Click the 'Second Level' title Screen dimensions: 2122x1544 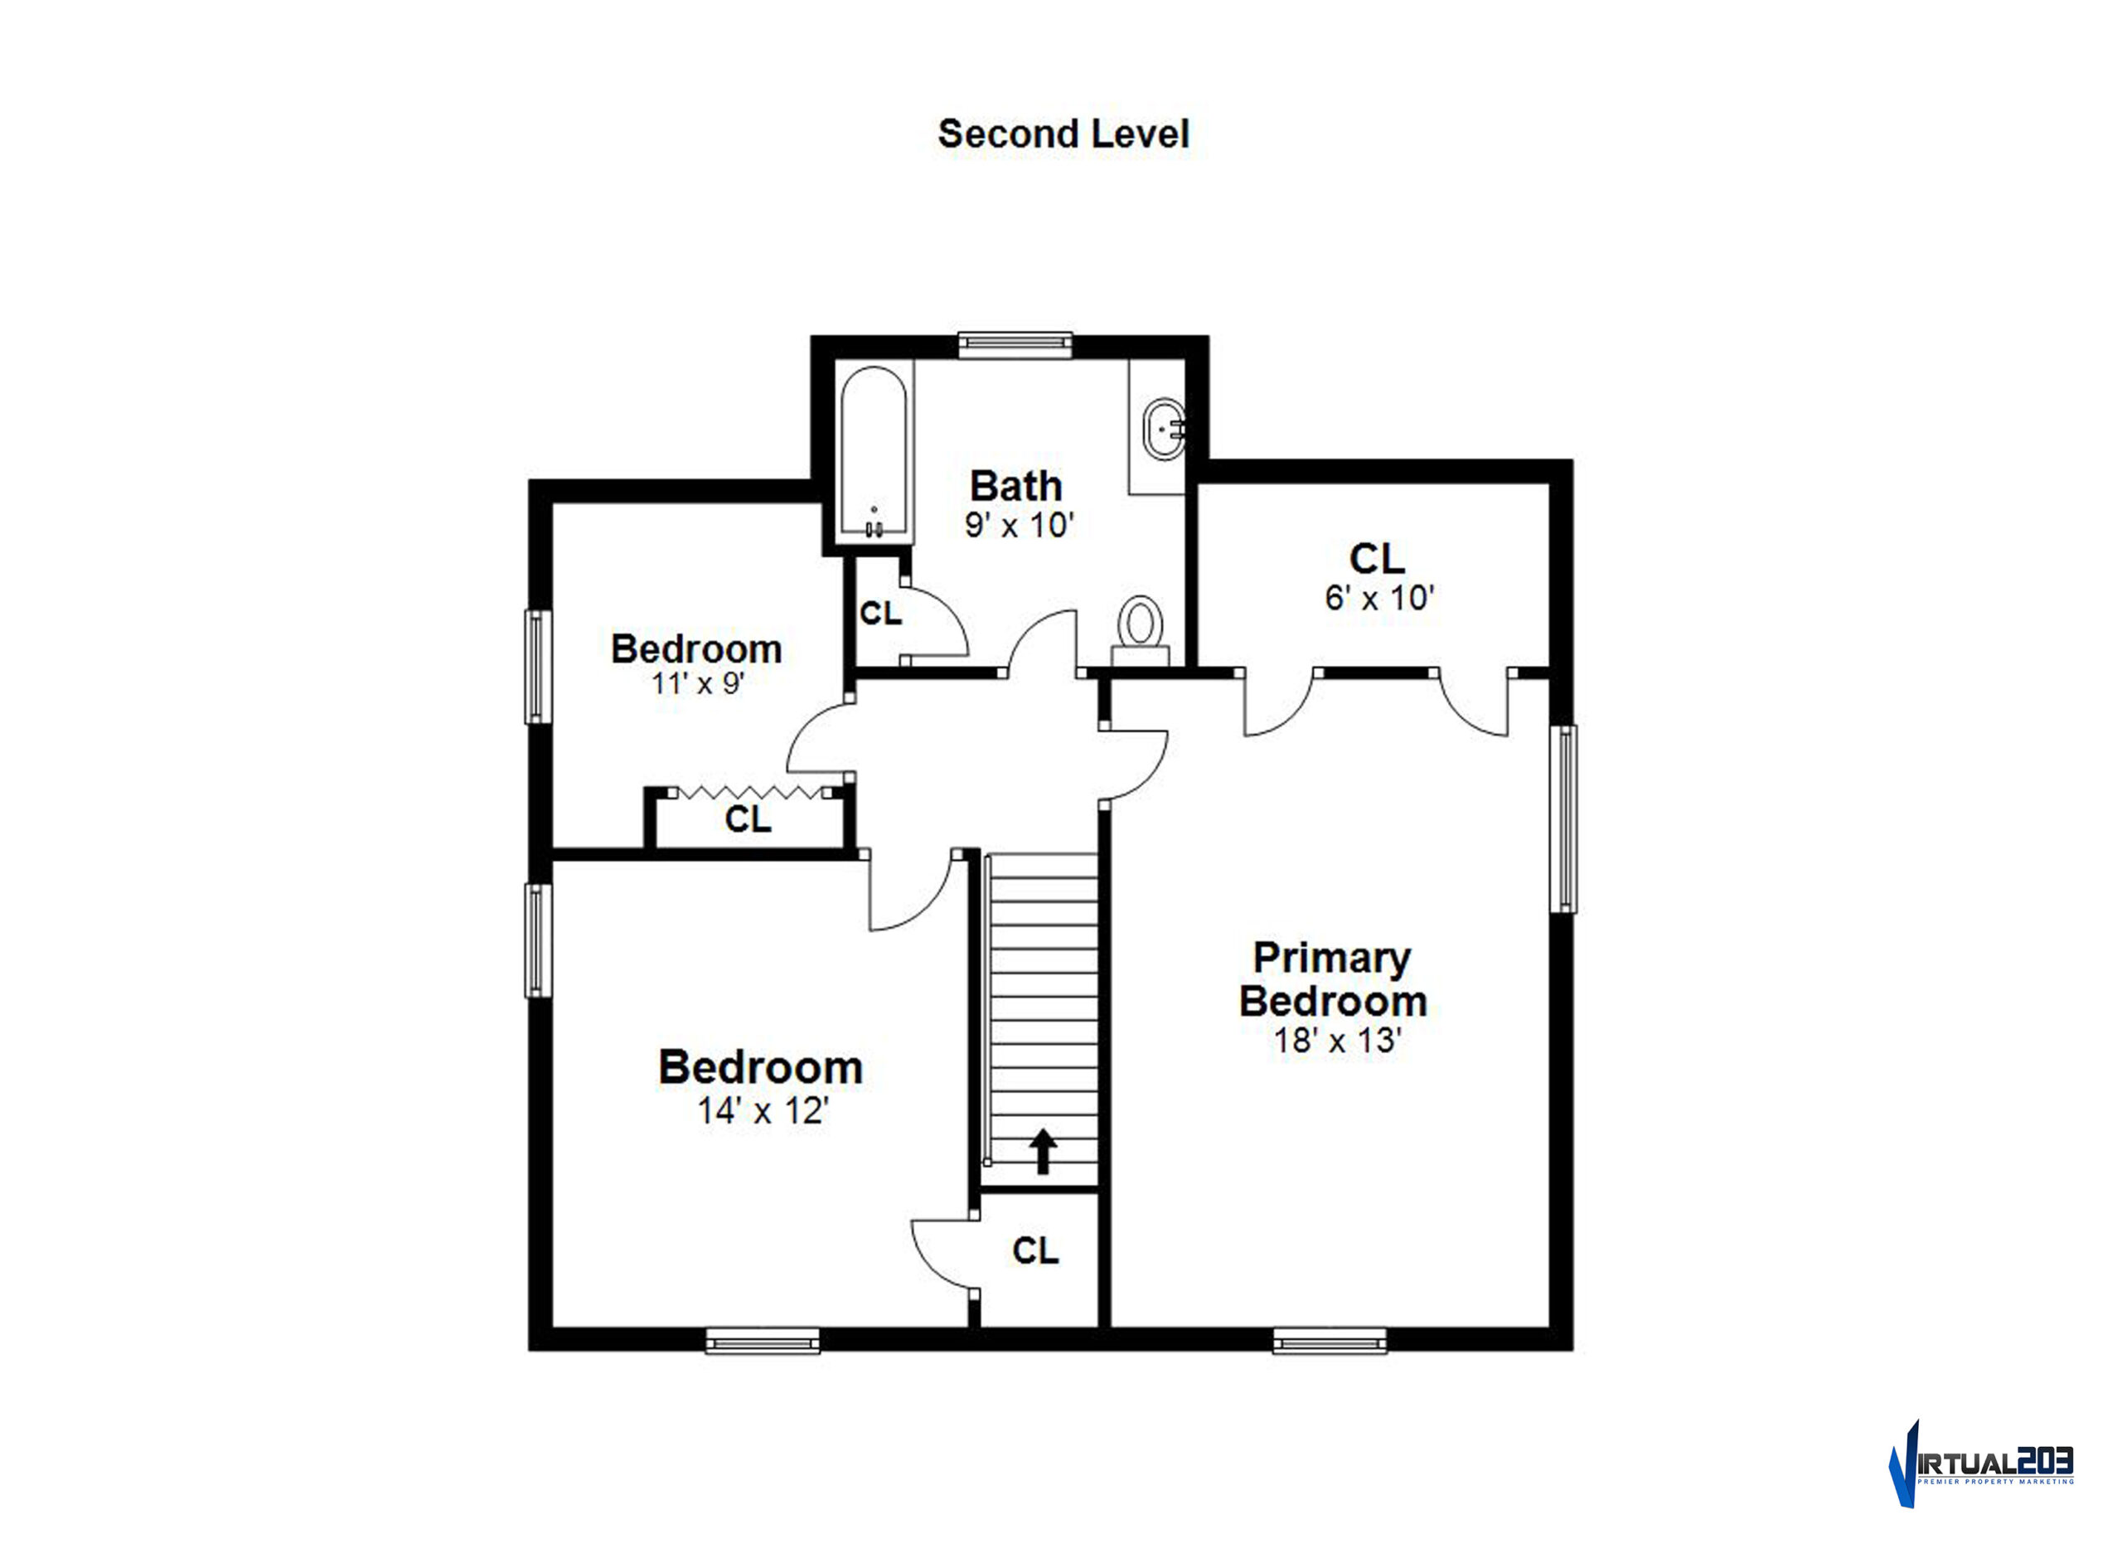coord(1063,134)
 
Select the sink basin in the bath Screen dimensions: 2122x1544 coord(1165,428)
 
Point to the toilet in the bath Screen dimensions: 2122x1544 coord(1141,629)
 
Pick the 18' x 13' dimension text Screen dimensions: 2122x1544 coord(1337,1041)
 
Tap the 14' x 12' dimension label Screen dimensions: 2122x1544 coord(763,1111)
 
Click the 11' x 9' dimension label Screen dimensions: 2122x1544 coord(697,684)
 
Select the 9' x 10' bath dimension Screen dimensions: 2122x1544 coord(1019,525)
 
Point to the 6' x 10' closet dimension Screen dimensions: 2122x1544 coord(1379,597)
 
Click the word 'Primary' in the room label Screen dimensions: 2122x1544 coord(1331,959)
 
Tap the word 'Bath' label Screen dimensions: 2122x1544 coord(1016,486)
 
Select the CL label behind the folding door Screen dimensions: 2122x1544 coord(748,820)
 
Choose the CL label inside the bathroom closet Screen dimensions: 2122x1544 coord(880,613)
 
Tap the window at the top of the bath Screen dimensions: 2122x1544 coord(1015,344)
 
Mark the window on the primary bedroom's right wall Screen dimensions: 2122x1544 coord(1563,818)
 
